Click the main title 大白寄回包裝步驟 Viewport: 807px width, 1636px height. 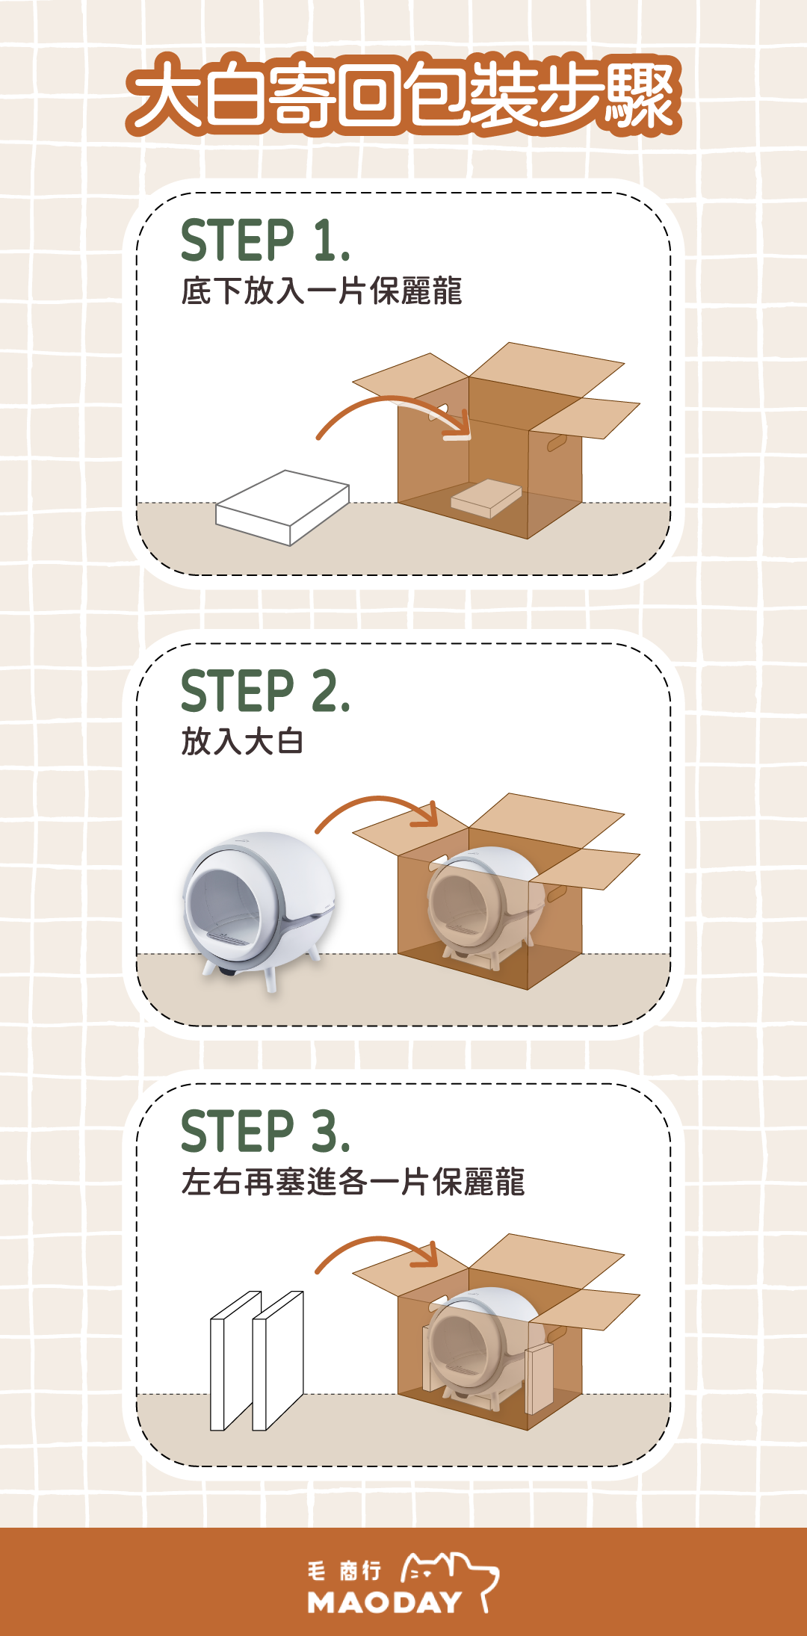(x=403, y=95)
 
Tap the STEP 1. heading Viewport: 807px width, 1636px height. (x=265, y=241)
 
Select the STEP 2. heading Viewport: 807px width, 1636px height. (x=265, y=691)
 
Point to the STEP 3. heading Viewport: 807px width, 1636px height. (x=265, y=1131)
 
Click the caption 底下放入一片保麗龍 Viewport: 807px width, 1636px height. (x=321, y=291)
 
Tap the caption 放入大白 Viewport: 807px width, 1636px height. (x=242, y=742)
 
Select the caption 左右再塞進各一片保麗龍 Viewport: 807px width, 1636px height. (x=353, y=1182)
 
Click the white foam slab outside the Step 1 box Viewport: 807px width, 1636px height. (x=282, y=508)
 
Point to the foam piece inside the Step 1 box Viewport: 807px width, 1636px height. (x=486, y=498)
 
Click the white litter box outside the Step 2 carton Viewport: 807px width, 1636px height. (x=260, y=908)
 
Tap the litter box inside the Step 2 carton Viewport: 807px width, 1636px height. (x=484, y=905)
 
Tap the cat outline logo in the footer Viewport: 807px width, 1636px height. (x=451, y=1576)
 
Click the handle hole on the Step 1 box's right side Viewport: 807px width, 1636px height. (x=557, y=443)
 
